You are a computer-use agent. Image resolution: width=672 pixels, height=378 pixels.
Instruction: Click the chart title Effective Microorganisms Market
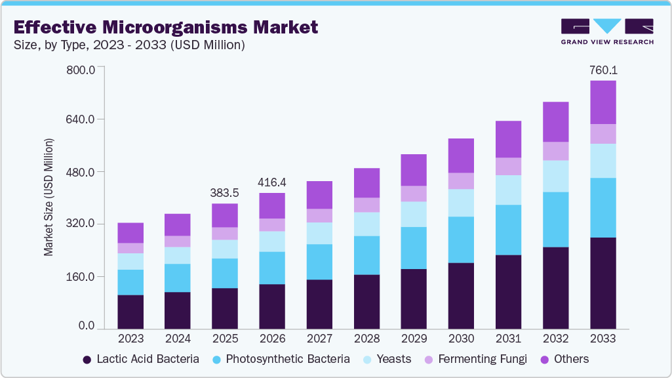click(x=165, y=27)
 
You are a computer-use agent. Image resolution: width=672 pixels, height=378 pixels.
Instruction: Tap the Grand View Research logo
click(x=607, y=31)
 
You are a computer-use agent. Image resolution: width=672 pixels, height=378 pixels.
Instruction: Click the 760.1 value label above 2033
click(x=603, y=70)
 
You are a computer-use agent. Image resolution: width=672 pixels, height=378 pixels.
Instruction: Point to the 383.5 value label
click(x=225, y=193)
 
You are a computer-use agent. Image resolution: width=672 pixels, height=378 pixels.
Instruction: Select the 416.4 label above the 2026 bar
click(x=272, y=182)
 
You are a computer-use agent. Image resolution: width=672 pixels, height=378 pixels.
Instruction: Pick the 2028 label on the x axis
click(x=366, y=339)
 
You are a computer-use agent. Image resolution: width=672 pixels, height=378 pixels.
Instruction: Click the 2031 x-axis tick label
click(x=508, y=339)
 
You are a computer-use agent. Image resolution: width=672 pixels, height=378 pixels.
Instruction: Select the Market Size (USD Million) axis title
click(x=49, y=197)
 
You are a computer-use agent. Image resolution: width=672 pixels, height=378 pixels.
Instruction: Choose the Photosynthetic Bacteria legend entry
click(x=281, y=359)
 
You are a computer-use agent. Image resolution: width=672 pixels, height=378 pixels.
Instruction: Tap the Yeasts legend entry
click(x=387, y=359)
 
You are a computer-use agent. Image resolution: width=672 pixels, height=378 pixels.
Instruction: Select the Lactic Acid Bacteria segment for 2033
click(x=603, y=283)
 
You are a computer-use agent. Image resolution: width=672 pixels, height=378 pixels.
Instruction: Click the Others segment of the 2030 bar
click(x=461, y=156)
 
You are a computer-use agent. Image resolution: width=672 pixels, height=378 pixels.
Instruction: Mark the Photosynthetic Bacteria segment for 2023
click(x=130, y=282)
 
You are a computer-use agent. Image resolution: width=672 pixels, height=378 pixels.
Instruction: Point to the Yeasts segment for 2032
click(x=555, y=176)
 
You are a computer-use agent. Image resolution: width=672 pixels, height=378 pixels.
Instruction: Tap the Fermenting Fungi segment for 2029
click(x=414, y=194)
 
